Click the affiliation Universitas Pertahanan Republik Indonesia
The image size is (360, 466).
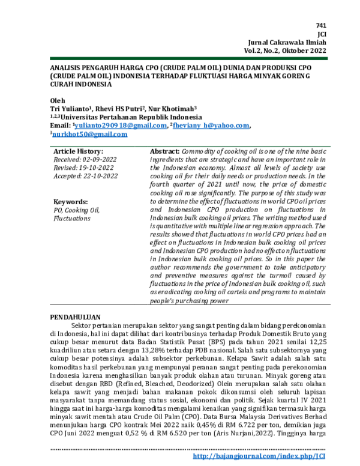tap(118, 116)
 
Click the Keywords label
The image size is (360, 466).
tap(71, 202)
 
